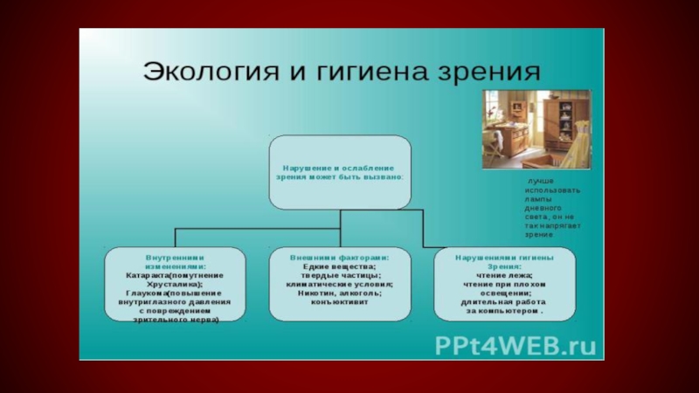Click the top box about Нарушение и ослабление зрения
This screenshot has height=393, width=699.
coord(340,171)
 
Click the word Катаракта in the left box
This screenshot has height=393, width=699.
coord(150,276)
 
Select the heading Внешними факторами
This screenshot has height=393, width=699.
coord(340,259)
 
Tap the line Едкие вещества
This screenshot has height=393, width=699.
coord(340,267)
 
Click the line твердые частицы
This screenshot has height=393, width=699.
coord(340,276)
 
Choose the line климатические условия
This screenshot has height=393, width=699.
coord(340,285)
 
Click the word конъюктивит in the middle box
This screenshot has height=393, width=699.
coord(340,303)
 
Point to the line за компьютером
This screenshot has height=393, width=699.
coord(503,311)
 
